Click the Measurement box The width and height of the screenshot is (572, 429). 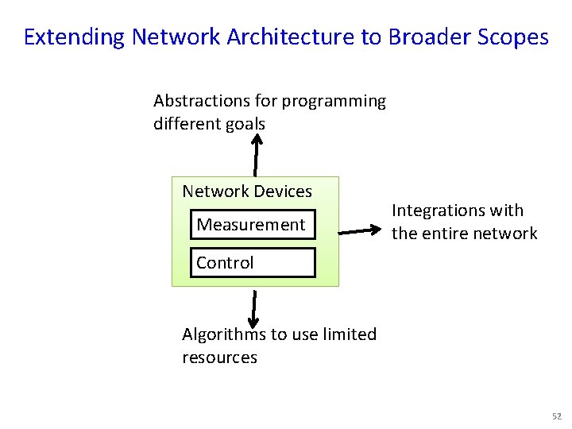pyautogui.click(x=251, y=225)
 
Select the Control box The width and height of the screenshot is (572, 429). pyautogui.click(x=253, y=262)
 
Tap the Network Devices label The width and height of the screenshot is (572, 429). pyautogui.click(x=247, y=191)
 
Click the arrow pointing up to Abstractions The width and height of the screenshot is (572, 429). pyautogui.click(x=255, y=155)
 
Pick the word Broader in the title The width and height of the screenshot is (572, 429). pyautogui.click(x=425, y=37)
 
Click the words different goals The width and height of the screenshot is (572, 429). pyautogui.click(x=209, y=124)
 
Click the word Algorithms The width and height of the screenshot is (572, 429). pyautogui.click(x=224, y=334)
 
